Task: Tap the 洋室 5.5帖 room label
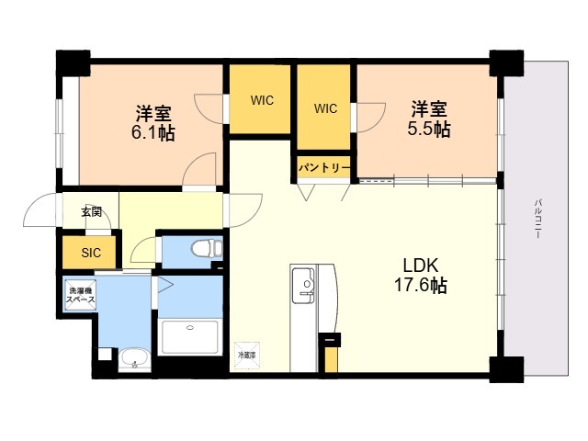[x=428, y=119]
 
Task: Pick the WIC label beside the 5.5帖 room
[x=325, y=108]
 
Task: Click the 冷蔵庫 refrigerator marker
[x=247, y=354]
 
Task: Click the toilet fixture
[x=204, y=248]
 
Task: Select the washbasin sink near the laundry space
[x=135, y=357]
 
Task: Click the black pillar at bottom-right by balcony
[x=504, y=367]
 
